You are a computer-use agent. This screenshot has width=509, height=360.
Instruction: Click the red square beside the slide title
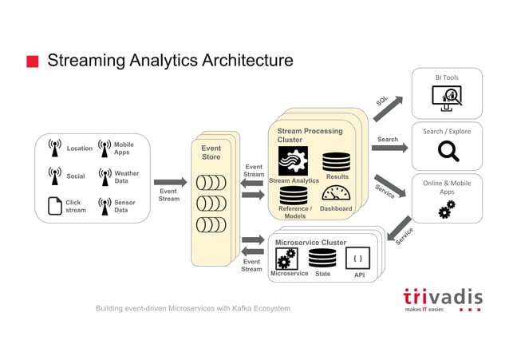(x=33, y=62)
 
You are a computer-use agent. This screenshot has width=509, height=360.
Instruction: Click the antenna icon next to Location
(x=54, y=148)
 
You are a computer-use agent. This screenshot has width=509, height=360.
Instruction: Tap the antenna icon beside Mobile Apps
(x=103, y=148)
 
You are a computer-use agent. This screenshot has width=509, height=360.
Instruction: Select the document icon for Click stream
(x=54, y=206)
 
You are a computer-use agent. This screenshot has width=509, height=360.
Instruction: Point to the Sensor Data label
(x=124, y=206)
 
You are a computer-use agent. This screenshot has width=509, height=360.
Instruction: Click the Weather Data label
(x=126, y=177)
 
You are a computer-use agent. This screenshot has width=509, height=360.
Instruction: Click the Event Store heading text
(x=211, y=152)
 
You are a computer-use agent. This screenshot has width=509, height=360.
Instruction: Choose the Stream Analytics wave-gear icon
(x=293, y=160)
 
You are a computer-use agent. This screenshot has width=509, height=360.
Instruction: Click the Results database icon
(x=336, y=161)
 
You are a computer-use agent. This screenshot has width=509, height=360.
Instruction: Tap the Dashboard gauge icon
(x=336, y=194)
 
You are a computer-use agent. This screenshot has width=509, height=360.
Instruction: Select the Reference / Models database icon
(x=293, y=194)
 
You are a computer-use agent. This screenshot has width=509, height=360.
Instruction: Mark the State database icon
(x=322, y=258)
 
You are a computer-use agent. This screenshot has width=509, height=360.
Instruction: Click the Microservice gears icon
(x=286, y=258)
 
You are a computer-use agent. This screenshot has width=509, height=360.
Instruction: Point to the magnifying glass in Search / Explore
(x=448, y=150)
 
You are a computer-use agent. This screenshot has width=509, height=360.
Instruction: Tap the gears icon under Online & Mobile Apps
(x=447, y=208)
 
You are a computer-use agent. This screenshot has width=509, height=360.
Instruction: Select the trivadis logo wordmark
(x=442, y=296)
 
